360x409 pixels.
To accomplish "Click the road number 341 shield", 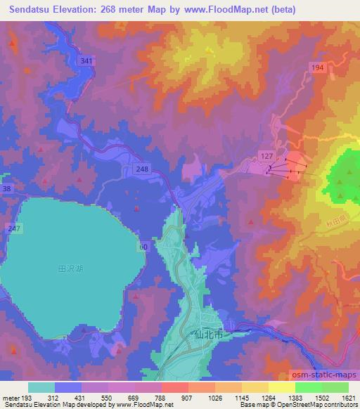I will (x=86, y=62).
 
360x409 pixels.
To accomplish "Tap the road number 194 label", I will (x=317, y=67).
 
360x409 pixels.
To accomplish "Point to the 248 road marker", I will (x=143, y=169).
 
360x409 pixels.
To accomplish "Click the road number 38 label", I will (x=6, y=189).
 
